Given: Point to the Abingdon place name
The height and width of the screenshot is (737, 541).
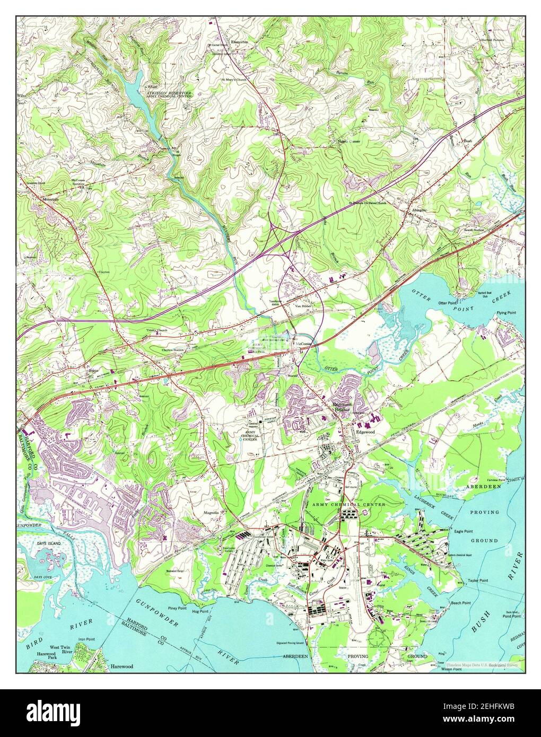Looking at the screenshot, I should (419, 210).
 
